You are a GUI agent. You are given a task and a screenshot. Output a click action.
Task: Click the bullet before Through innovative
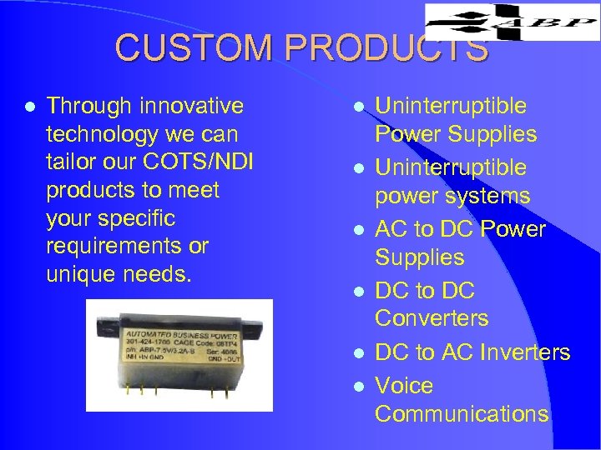[x=30, y=107]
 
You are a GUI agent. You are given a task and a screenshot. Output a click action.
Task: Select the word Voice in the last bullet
[x=404, y=386]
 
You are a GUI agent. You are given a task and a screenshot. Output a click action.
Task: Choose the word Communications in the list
[x=462, y=414]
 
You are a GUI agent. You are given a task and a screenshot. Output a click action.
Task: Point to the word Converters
[x=432, y=318]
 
